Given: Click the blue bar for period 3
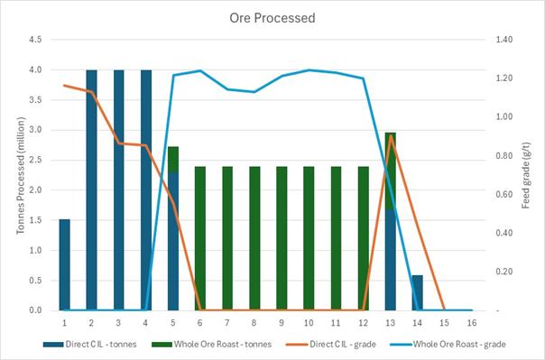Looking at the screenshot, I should [119, 189].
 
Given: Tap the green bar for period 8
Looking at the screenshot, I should [254, 238].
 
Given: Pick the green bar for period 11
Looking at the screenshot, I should [336, 238].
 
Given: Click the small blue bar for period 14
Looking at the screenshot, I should [417, 292].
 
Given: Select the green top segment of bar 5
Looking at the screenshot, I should [173, 159].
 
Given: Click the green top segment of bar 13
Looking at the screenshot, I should [390, 171].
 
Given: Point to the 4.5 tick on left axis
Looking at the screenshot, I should [36, 40].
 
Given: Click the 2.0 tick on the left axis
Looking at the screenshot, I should [36, 190].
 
